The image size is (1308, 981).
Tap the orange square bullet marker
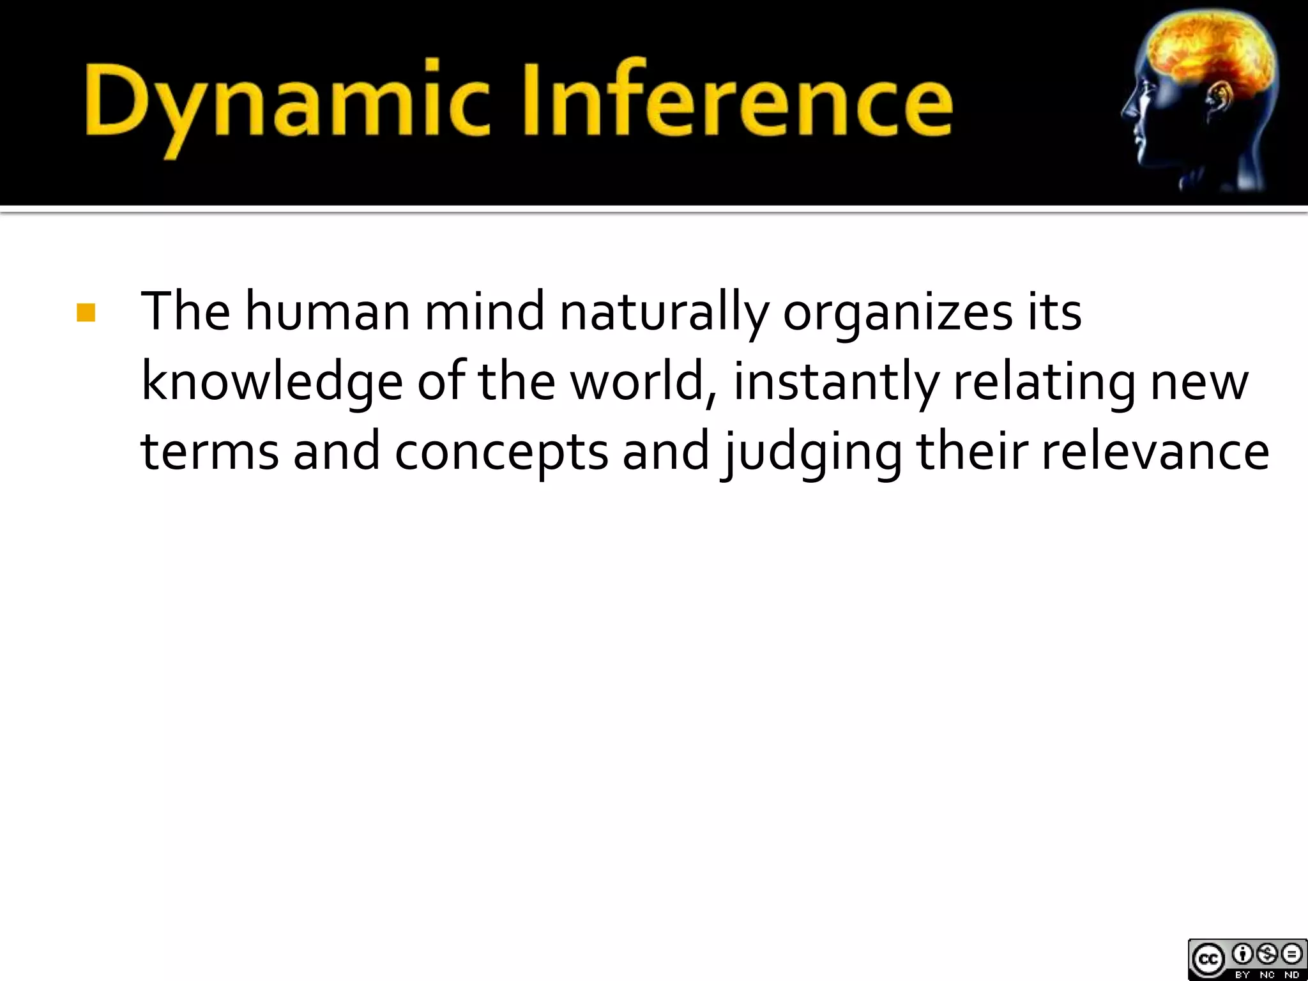[85, 313]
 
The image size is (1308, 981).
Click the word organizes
[897, 313]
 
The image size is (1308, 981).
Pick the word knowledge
[271, 383]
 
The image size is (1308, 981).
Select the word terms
[209, 451]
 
